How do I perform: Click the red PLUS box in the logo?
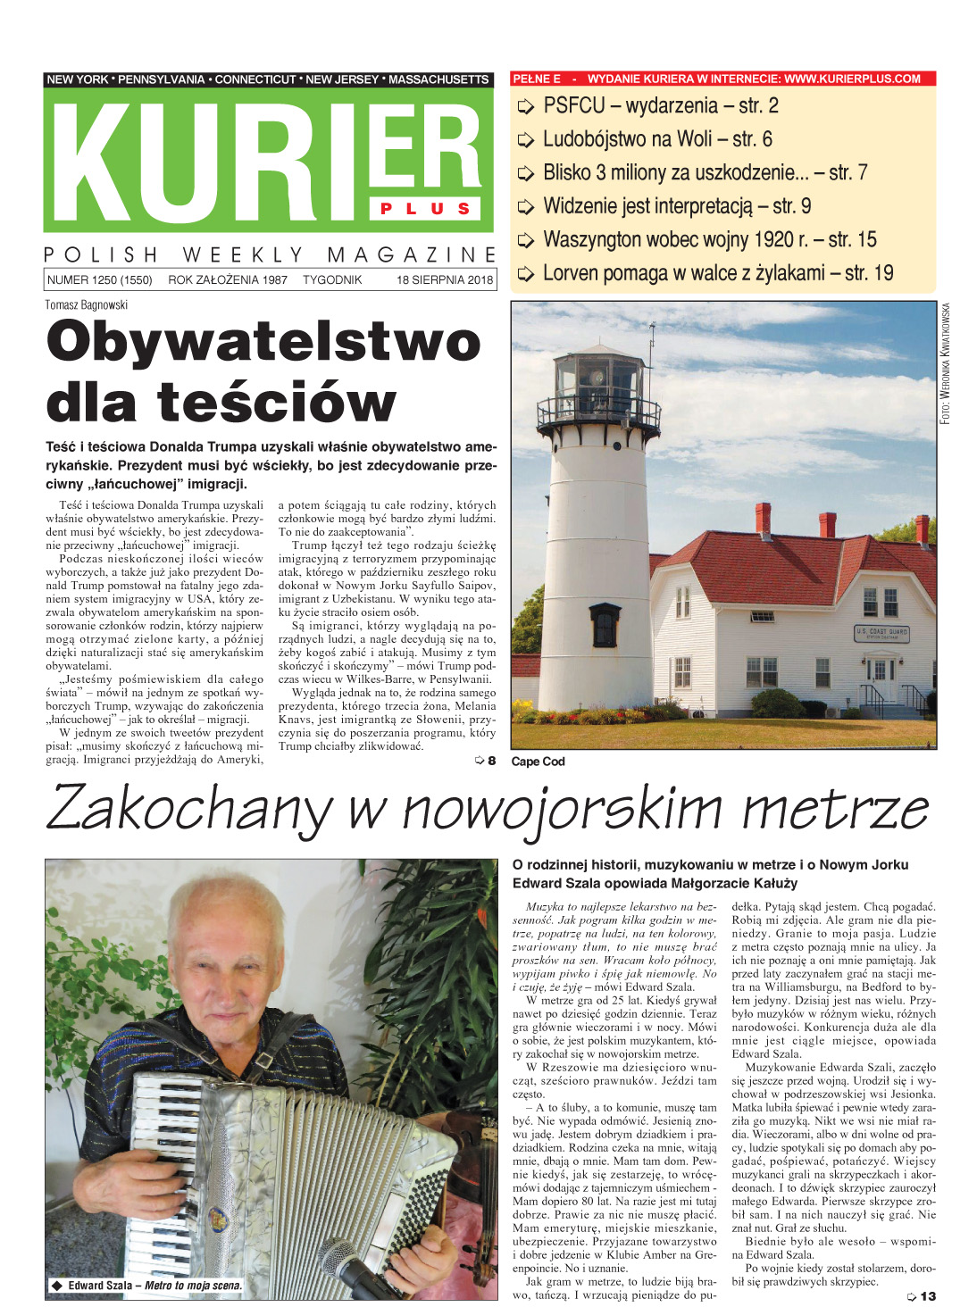(426, 208)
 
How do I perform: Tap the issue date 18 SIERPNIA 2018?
(445, 279)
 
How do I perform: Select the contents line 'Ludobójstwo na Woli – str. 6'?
(657, 139)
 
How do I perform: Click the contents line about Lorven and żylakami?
(718, 273)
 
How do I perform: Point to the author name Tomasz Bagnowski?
(87, 304)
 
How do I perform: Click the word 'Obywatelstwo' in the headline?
(263, 342)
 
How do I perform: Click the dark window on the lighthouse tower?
(605, 624)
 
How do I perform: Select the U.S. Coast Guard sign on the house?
(881, 633)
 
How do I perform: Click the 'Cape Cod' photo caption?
(538, 762)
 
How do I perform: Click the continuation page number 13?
(927, 1295)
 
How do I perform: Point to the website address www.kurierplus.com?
(852, 79)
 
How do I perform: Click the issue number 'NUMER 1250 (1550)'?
(99, 279)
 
